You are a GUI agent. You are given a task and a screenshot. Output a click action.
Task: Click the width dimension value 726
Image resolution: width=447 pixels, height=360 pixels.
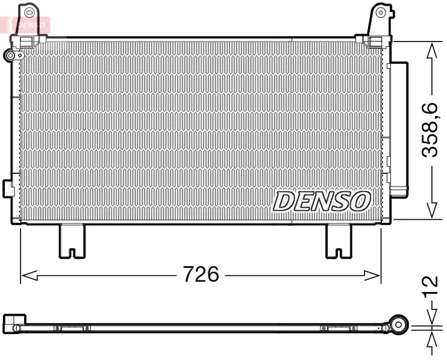(201, 275)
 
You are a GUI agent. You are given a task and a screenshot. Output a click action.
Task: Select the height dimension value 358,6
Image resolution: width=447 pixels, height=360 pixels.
(430, 131)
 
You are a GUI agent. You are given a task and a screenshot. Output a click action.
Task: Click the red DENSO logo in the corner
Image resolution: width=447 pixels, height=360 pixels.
(27, 24)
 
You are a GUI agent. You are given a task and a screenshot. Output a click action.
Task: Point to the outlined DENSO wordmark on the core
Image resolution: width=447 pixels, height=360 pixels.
(322, 201)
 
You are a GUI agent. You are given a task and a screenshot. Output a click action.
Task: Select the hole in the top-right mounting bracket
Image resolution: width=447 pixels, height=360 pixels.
(381, 12)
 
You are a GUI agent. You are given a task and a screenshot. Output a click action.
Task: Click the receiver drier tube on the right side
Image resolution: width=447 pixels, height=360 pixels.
(398, 129)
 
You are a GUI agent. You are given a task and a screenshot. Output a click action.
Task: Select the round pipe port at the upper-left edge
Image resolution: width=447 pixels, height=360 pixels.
(10, 56)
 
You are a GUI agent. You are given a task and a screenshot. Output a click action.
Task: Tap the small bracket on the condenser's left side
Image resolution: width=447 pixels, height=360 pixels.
(8, 187)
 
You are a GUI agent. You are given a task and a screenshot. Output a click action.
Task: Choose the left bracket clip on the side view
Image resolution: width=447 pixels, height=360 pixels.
(72, 328)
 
